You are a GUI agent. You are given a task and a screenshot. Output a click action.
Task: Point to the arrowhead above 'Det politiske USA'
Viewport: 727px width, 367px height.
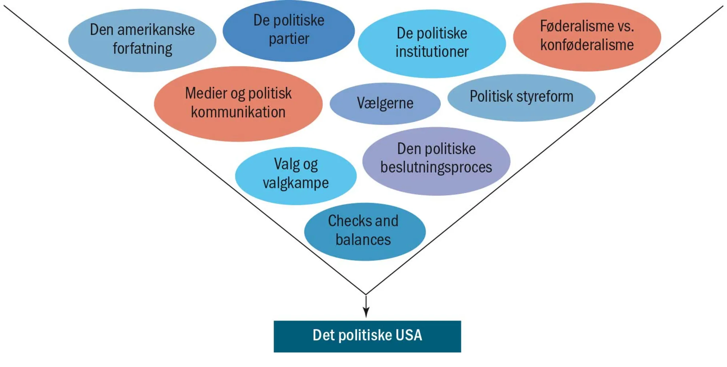pos(366,312)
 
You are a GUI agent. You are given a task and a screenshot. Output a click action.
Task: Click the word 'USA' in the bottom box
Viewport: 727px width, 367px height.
pos(409,335)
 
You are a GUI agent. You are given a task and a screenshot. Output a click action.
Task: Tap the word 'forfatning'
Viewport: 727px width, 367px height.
pos(142,49)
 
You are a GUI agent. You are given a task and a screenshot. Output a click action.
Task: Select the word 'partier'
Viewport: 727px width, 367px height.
pos(289,39)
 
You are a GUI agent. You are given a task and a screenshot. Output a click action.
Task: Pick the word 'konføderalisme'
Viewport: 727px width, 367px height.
pos(587,45)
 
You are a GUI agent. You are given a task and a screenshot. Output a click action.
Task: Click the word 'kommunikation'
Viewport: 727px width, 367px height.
pos(238,112)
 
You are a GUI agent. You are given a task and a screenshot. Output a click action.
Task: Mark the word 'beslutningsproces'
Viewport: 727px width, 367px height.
pos(436,167)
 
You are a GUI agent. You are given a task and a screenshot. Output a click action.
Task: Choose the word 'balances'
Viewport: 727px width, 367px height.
pos(363,240)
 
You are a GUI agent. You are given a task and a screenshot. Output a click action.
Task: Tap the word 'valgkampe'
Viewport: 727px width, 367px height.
pos(296,183)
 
